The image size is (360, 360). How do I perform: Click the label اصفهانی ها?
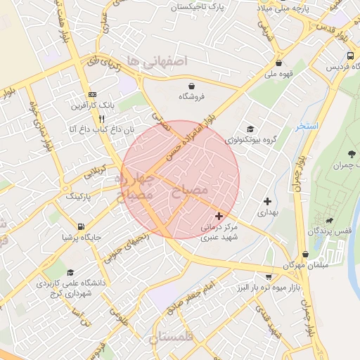tap(156, 60)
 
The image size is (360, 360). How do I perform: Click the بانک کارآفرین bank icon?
tap(93, 94)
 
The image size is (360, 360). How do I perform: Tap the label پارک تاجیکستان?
tap(202, 7)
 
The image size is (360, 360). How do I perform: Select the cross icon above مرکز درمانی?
tap(220, 216)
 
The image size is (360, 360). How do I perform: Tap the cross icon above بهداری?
tap(267, 201)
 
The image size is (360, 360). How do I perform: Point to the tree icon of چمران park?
tap(351, 154)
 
